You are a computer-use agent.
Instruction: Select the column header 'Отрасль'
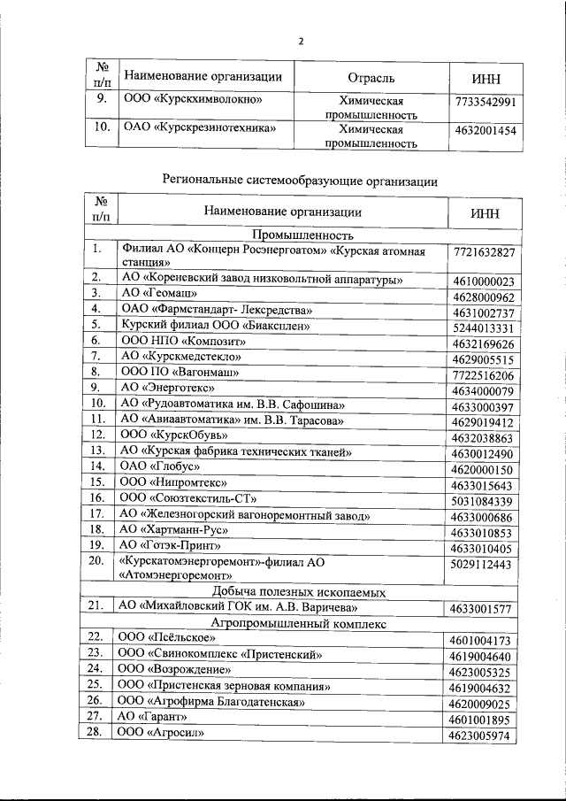(371, 78)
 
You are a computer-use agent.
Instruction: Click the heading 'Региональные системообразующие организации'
(300, 181)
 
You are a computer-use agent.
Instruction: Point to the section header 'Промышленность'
(303, 235)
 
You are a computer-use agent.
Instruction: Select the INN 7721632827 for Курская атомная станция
(483, 253)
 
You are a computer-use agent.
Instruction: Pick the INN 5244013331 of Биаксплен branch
(483, 327)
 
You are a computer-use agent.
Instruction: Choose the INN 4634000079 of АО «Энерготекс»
(483, 391)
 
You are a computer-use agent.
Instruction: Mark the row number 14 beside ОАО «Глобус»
(98, 467)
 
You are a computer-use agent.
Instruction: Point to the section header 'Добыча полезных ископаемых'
(303, 591)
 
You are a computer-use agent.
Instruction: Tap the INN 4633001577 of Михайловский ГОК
(483, 608)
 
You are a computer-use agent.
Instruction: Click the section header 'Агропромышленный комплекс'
(303, 622)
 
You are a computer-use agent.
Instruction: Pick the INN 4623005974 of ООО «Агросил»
(483, 735)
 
